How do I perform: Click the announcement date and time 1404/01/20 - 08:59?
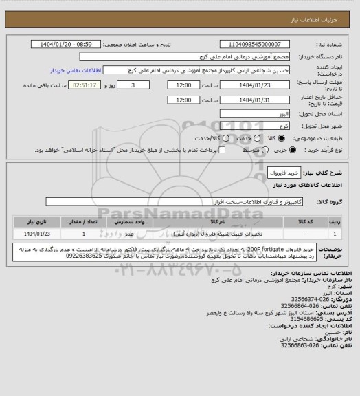(x=68, y=44)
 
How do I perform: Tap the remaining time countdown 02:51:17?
(x=105, y=85)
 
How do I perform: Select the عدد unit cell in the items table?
(x=137, y=234)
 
